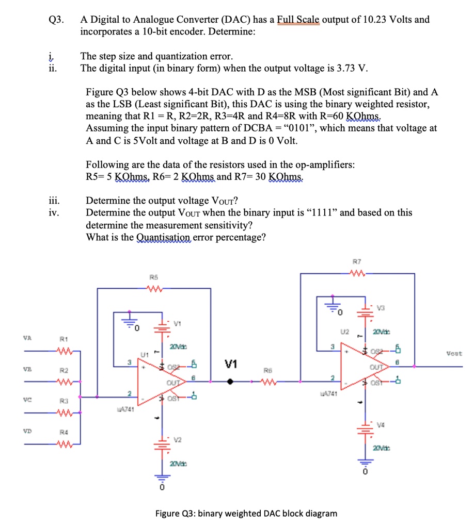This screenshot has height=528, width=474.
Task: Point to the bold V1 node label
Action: tap(230, 365)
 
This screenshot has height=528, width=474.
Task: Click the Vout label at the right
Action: tap(455, 354)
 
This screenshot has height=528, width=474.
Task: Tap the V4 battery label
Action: tap(382, 425)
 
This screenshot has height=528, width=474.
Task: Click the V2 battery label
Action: tap(179, 440)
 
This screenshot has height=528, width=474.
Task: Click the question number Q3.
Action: tap(55, 20)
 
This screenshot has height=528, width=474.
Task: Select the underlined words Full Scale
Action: tap(298, 20)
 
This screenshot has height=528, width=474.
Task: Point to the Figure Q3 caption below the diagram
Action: tap(246, 513)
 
